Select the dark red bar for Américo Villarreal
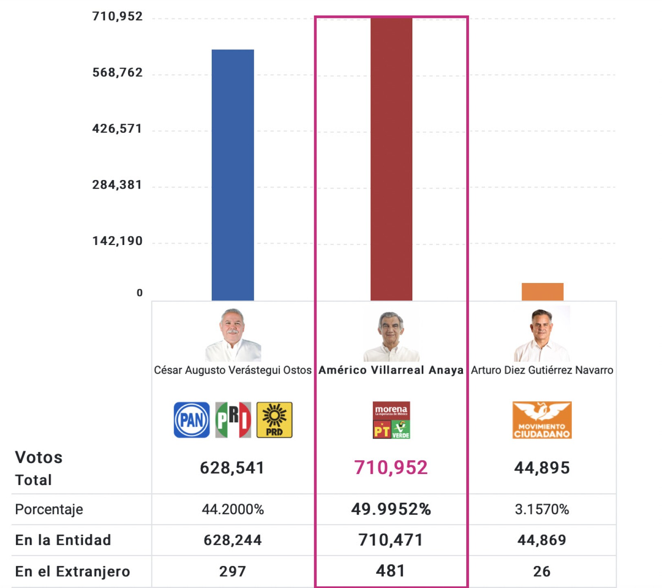click(391, 159)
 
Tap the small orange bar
click(542, 292)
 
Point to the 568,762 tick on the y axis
click(117, 73)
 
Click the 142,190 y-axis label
click(117, 241)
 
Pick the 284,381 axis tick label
click(117, 185)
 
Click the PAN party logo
click(192, 420)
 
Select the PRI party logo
click(233, 420)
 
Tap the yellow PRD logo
click(275, 420)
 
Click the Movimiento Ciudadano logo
click(542, 420)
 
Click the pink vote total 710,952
click(391, 468)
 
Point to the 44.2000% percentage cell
click(233, 509)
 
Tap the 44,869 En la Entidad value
click(542, 540)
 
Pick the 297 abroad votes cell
click(232, 571)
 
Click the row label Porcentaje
click(49, 509)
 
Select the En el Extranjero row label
click(73, 571)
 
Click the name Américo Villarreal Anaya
click(391, 370)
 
